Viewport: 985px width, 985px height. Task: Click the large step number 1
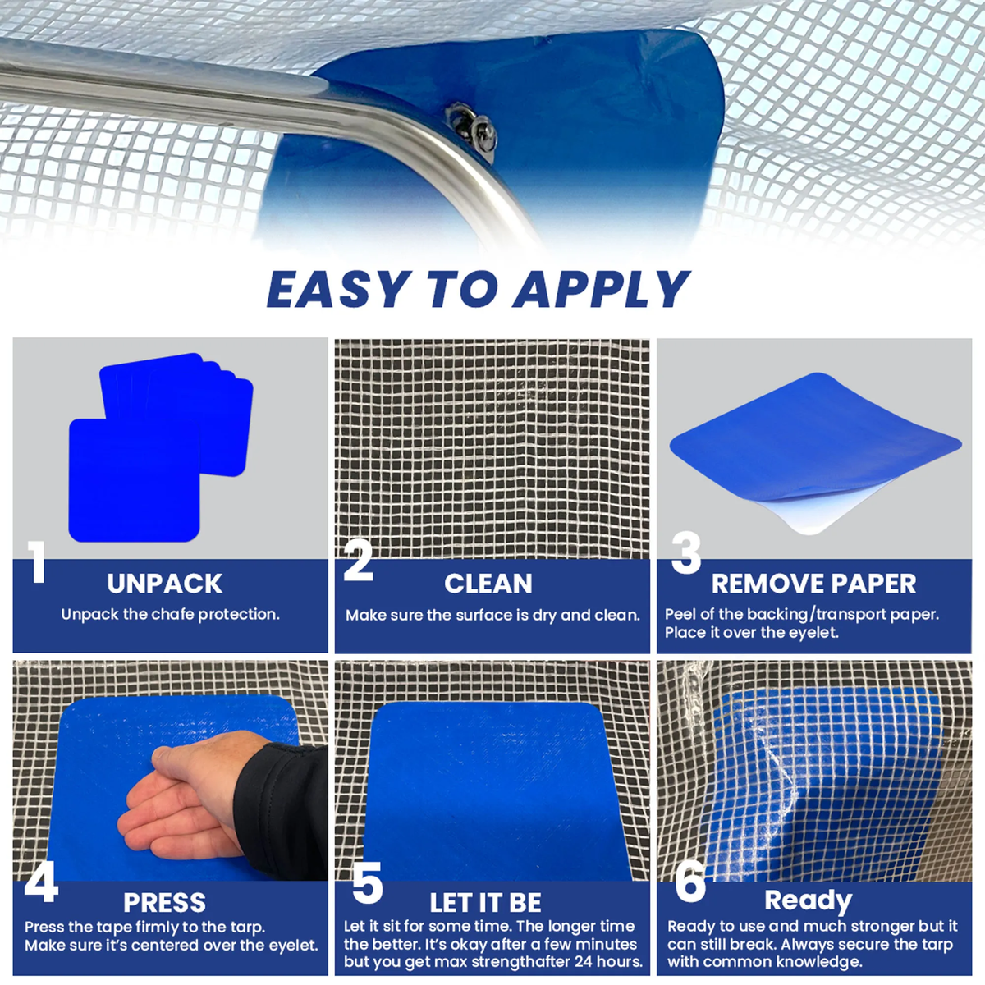(x=37, y=562)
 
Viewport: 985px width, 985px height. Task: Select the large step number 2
(x=359, y=561)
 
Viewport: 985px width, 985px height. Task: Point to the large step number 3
(x=686, y=553)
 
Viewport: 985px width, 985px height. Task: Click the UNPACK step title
(x=165, y=584)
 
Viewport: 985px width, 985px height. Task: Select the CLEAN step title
(x=488, y=584)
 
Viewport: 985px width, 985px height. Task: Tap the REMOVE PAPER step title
(x=813, y=584)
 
